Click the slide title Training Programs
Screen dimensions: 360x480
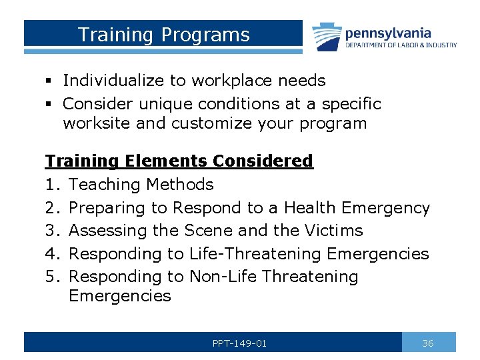pos(163,35)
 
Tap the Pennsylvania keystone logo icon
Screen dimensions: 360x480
pos(327,37)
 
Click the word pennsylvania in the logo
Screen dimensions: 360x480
pos(387,33)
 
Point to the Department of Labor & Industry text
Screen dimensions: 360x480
pos(401,45)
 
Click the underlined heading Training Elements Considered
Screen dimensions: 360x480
pos(179,161)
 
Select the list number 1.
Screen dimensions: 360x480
pos(51,185)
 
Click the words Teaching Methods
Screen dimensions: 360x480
pos(141,185)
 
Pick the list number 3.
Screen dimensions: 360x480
pos(51,231)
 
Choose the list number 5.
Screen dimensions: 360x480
pos(51,277)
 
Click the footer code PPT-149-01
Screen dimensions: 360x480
pos(239,343)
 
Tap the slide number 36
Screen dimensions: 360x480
pos(428,343)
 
